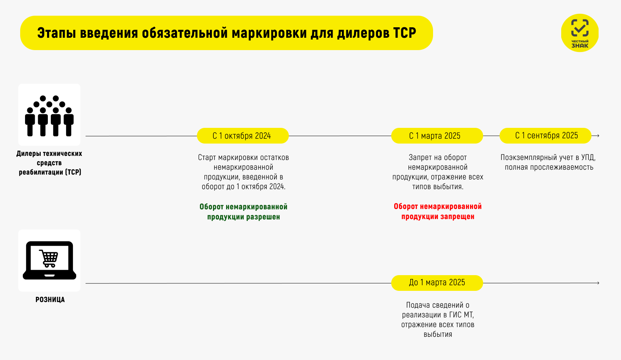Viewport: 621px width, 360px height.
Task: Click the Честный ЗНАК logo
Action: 580,33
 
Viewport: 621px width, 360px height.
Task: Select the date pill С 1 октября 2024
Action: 242,136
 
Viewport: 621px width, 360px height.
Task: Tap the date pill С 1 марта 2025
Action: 437,136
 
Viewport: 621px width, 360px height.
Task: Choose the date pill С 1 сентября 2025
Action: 545,136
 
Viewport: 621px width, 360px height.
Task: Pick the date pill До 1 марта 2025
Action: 437,283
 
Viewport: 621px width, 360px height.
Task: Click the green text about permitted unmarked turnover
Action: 243,212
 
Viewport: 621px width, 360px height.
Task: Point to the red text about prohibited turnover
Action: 438,211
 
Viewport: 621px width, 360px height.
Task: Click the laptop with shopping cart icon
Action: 49,260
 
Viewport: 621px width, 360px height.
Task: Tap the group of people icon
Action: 49,116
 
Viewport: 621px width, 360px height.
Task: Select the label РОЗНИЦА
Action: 50,300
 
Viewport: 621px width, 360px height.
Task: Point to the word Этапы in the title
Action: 56,33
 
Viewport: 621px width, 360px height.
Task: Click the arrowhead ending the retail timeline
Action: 598,283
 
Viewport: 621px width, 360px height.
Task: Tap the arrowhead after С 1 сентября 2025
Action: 598,136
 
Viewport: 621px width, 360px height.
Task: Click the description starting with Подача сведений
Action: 438,320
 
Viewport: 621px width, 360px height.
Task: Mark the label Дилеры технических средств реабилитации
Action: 49,163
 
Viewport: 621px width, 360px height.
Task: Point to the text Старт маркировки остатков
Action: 243,157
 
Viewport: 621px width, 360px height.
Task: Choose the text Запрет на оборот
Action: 438,157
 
